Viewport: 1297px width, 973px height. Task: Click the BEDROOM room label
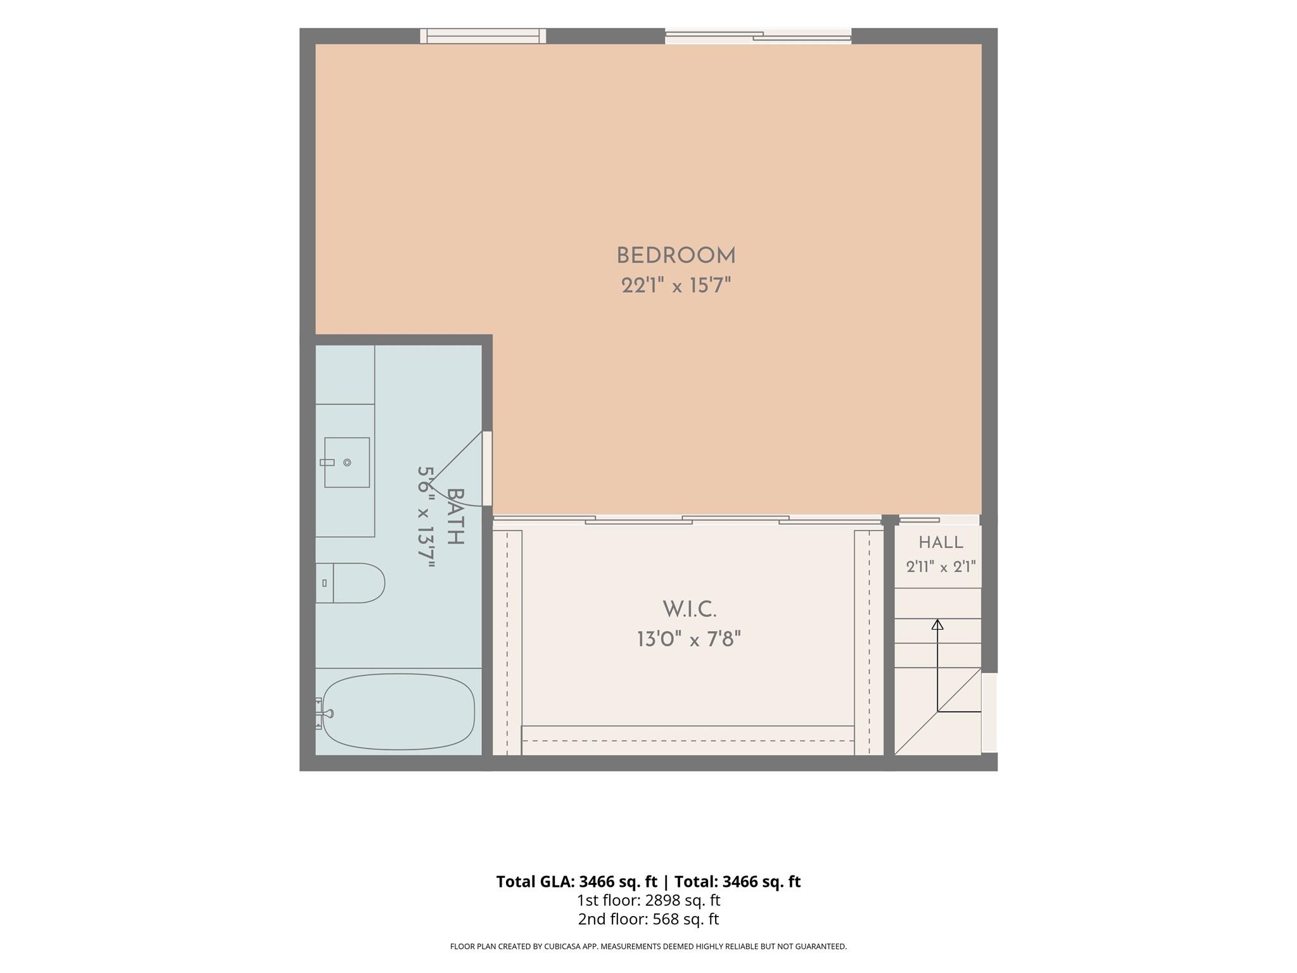coord(676,256)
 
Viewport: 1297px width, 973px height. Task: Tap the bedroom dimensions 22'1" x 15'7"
coord(676,286)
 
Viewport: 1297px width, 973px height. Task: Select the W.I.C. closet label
coord(690,609)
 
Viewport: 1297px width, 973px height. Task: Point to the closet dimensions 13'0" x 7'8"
coord(689,639)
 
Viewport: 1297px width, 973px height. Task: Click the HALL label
coord(941,542)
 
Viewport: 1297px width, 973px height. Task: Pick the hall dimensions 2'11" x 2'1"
coord(941,566)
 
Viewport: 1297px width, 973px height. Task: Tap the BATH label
coord(455,516)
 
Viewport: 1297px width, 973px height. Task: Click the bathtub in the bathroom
coord(398,711)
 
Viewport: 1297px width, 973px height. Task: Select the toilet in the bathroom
coord(350,583)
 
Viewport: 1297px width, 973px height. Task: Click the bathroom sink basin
coord(347,462)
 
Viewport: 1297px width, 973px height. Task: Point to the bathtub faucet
coord(325,713)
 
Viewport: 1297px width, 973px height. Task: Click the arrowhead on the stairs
coord(938,625)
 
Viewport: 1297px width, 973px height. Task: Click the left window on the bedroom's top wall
coord(483,36)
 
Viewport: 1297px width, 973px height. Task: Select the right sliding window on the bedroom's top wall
coord(758,36)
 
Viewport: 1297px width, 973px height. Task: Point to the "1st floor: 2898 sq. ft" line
coord(648,900)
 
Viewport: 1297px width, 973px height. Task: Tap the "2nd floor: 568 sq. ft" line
coord(648,919)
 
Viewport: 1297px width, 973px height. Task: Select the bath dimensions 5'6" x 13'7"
coord(426,516)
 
